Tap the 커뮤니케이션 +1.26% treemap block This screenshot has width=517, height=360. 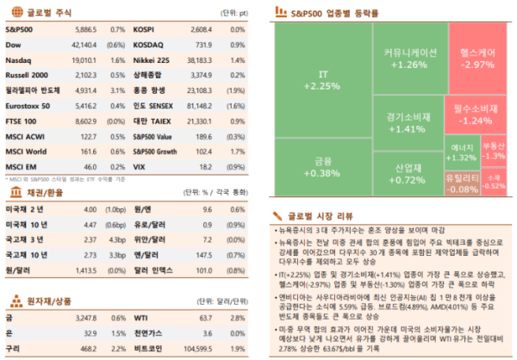tap(408, 59)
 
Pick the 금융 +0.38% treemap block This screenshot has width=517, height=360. tap(322, 166)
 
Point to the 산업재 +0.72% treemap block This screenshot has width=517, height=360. tap(408, 173)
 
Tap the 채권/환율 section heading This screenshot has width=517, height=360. tap(43, 192)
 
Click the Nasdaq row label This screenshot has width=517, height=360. tap(19, 60)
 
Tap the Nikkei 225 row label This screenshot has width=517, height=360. tap(150, 60)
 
